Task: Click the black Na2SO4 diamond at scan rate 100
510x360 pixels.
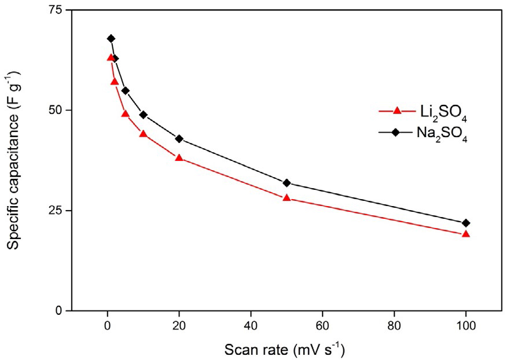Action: (466, 223)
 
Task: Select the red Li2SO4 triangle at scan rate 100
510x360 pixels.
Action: (466, 234)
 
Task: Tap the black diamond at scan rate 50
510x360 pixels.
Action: (287, 183)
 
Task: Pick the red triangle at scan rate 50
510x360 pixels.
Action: (287, 198)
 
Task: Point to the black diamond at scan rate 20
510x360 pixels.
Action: (179, 139)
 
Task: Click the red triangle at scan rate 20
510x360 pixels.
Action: (179, 157)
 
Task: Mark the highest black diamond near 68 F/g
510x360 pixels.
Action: (111, 39)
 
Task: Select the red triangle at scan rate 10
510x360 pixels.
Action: (144, 134)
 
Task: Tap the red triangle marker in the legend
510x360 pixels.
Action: (397, 110)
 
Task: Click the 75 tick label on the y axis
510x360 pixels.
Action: (55, 10)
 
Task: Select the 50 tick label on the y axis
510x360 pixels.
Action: (55, 110)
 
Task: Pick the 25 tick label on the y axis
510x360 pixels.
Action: (55, 210)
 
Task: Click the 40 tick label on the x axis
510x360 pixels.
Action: (251, 325)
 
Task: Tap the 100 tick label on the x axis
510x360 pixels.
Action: (466, 325)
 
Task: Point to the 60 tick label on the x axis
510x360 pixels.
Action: (322, 325)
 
